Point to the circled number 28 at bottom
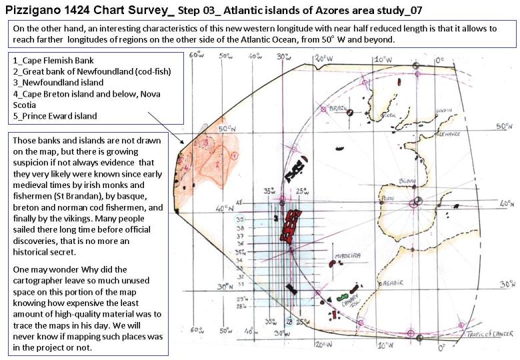(x=289, y=321)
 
